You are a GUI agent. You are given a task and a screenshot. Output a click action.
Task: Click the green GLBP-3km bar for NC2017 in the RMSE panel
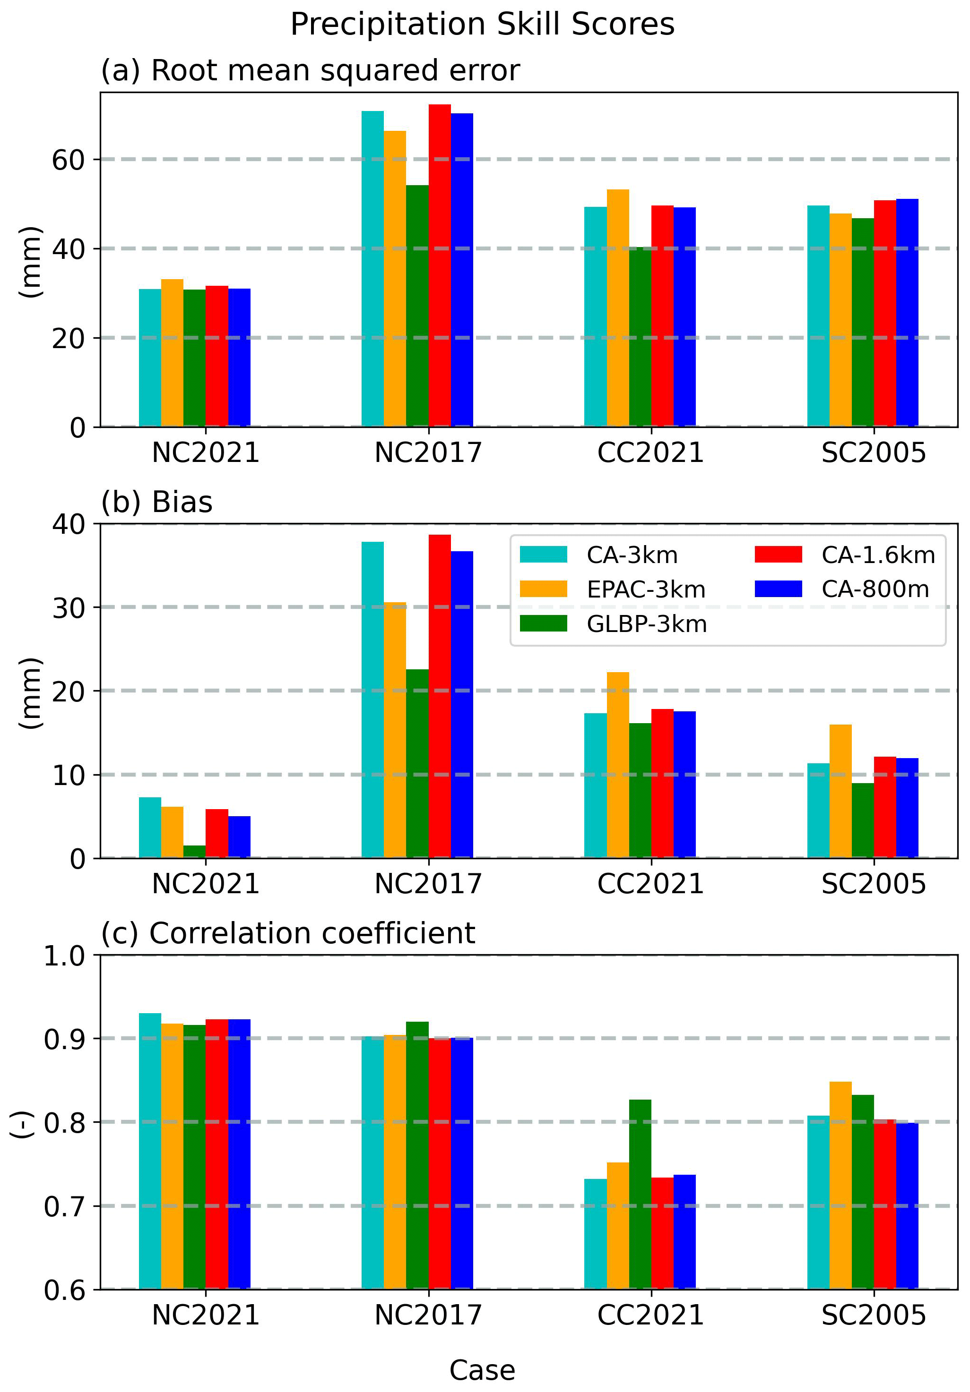(417, 306)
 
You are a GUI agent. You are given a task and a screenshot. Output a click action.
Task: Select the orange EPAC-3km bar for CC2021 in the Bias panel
(617, 765)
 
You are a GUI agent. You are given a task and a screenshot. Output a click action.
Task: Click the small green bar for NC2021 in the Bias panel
(194, 851)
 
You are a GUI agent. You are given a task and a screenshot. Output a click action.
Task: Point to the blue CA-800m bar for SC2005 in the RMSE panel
(907, 312)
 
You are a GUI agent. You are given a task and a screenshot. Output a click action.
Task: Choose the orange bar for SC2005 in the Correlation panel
(840, 1185)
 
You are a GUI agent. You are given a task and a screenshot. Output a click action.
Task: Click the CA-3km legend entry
(631, 555)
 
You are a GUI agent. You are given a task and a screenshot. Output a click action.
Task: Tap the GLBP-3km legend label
(647, 624)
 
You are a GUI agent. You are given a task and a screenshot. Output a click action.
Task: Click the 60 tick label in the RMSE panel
(68, 160)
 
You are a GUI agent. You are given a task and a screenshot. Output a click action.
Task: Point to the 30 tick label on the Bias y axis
(68, 607)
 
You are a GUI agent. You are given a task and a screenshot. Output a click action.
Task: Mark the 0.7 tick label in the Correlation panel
(64, 1206)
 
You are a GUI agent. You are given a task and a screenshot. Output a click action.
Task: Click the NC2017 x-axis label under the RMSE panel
(428, 453)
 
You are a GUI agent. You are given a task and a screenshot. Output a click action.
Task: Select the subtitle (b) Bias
(156, 502)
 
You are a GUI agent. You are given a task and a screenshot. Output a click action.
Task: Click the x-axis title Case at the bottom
(482, 1370)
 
